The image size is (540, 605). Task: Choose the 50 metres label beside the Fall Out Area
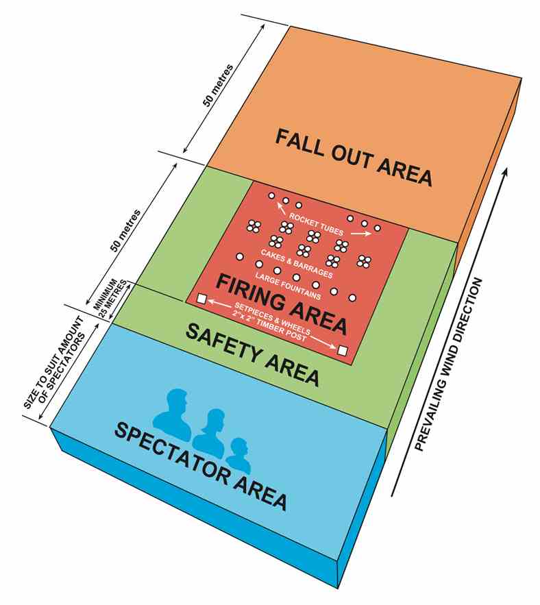coord(218,85)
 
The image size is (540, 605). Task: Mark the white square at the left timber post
coord(201,299)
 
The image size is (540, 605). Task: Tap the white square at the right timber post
coord(343,351)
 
